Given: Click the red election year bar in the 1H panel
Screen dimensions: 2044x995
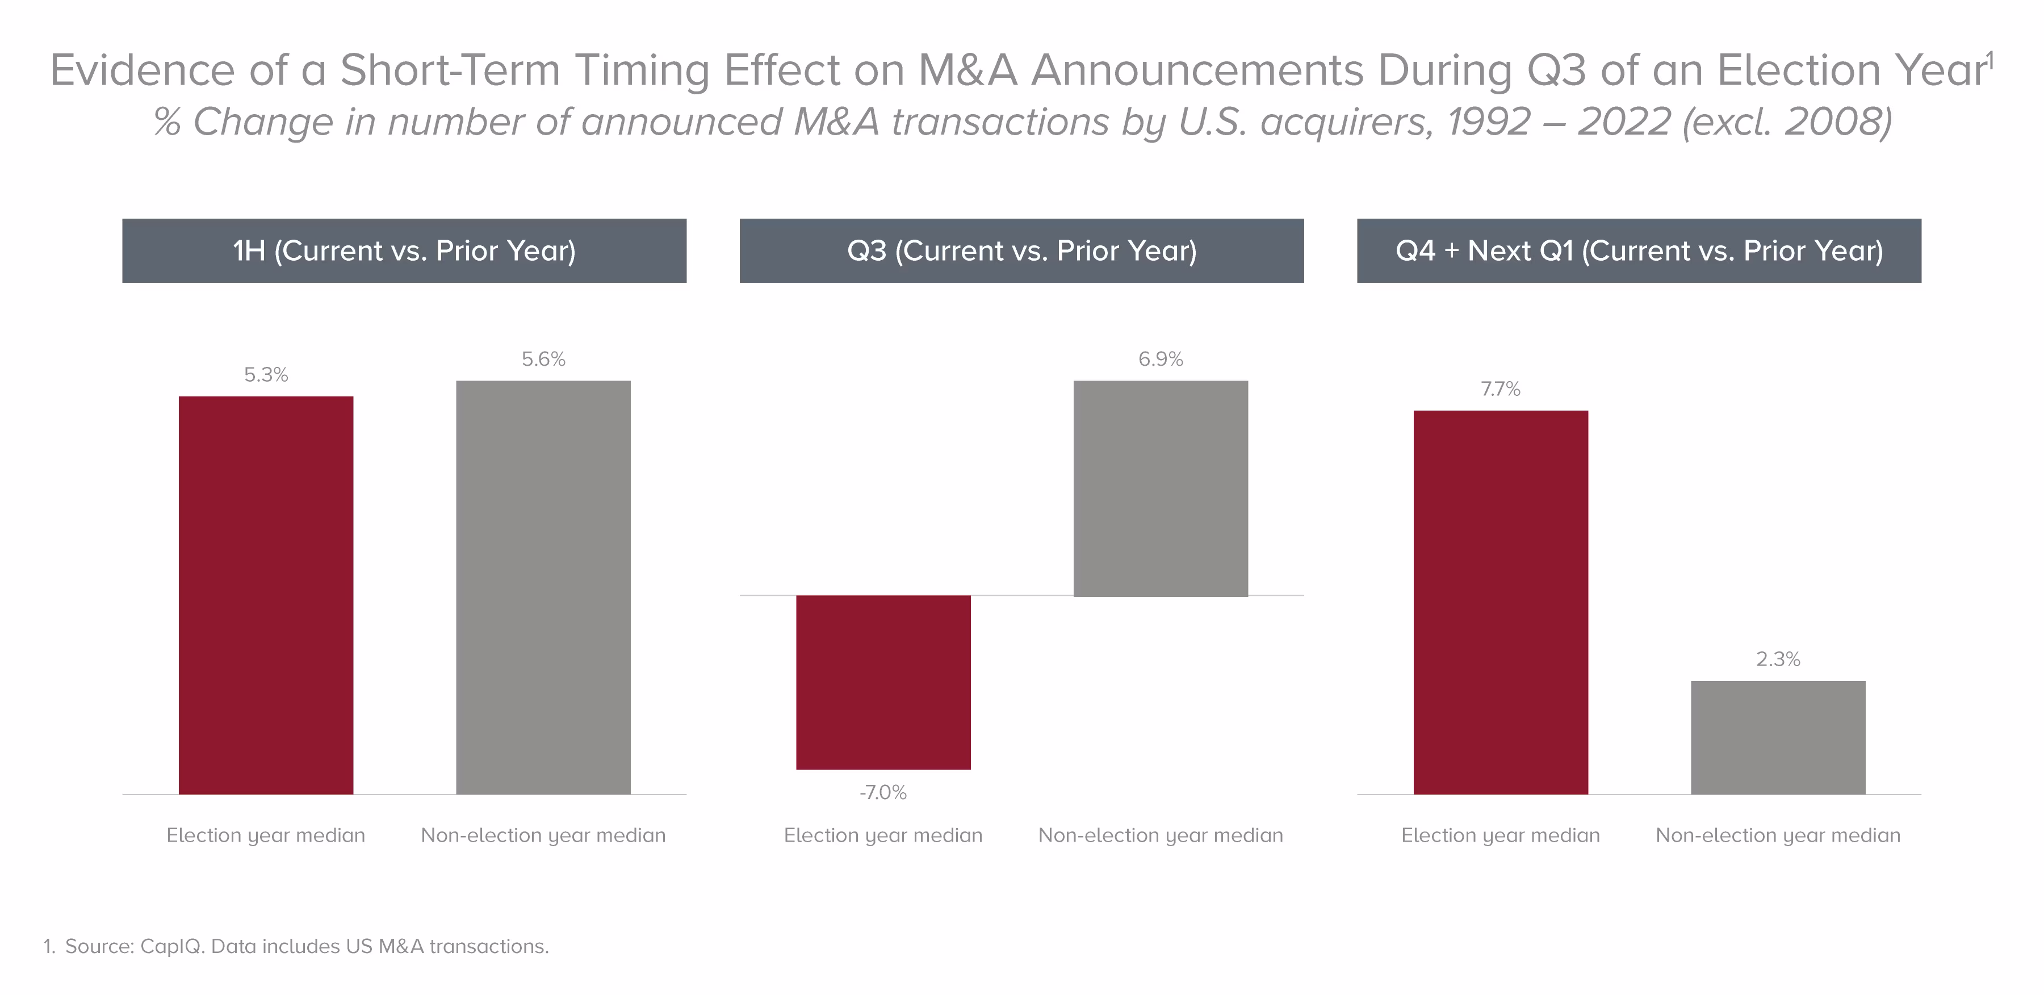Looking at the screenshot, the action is [266, 595].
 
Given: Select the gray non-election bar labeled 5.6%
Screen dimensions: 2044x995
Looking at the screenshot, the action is [543, 587].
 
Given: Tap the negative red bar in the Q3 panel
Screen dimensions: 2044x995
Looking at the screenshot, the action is [883, 683].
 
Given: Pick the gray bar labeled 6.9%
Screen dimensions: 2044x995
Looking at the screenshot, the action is [1161, 488].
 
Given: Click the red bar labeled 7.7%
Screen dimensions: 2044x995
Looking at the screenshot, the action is [1501, 602].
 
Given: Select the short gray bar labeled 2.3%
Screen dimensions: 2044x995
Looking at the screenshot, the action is [1778, 737].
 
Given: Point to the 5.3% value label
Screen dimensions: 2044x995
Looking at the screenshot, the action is [266, 374].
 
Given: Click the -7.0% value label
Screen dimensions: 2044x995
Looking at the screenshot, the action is [883, 792].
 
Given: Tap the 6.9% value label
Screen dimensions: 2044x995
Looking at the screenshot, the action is [1161, 359].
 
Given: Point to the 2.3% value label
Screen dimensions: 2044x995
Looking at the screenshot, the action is [1778, 659].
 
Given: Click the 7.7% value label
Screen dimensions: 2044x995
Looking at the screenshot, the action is [1501, 389].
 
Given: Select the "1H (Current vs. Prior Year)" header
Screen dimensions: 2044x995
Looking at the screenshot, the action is [404, 250].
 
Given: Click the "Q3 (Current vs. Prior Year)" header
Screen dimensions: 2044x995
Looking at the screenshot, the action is [1022, 250].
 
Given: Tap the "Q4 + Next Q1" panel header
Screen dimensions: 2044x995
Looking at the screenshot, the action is [1639, 250].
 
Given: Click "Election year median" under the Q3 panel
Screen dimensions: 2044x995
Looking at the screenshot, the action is [883, 835].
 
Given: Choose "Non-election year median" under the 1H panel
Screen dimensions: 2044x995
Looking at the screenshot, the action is [543, 835].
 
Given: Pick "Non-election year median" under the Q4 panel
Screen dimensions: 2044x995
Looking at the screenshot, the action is [1778, 835].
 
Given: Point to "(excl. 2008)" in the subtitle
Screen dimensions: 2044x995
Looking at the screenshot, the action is [1787, 122].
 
